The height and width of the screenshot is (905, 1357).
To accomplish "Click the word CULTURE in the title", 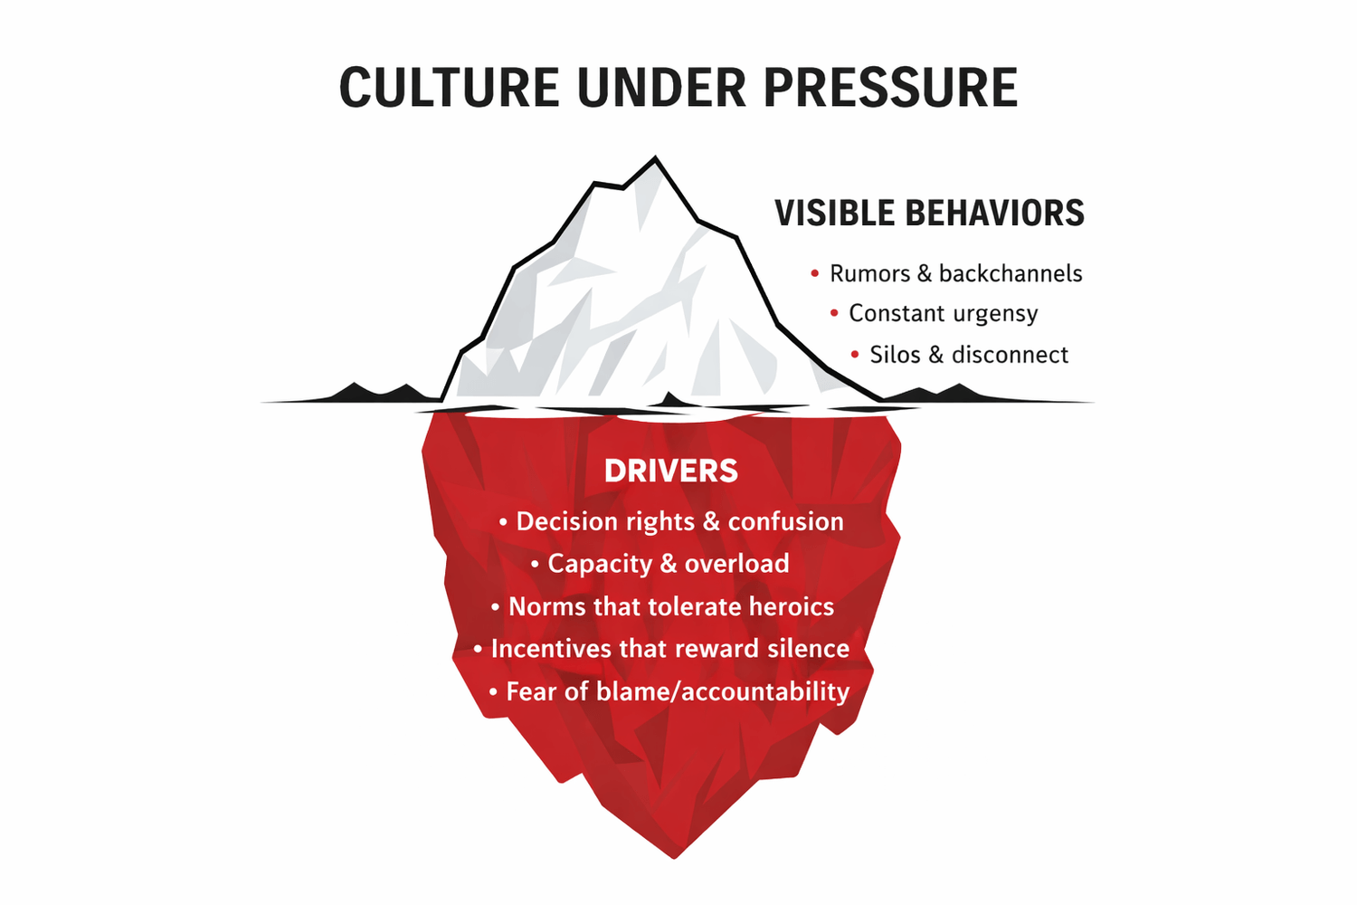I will click(x=449, y=88).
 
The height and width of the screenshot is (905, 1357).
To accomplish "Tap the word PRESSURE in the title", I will click(x=890, y=88).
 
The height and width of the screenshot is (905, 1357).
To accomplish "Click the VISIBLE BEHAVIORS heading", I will click(x=929, y=214).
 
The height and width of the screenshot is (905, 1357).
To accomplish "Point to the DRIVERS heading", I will click(x=670, y=472).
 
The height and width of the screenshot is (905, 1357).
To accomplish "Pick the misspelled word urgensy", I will click(x=995, y=314).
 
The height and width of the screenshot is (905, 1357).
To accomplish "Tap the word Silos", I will click(x=896, y=355).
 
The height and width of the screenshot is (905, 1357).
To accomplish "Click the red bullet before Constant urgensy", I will click(x=834, y=313).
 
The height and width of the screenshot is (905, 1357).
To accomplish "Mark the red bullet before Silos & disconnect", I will click(x=855, y=355).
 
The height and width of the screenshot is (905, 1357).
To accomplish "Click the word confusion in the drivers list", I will click(x=785, y=521).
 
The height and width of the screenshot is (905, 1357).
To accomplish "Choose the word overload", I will click(x=737, y=564).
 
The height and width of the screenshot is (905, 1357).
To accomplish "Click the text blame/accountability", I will click(x=723, y=691).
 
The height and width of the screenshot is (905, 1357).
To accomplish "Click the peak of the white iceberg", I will click(x=655, y=159).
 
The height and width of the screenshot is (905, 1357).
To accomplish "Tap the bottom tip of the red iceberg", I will click(x=675, y=856).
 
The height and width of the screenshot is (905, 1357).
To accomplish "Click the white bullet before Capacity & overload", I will click(x=535, y=564).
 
